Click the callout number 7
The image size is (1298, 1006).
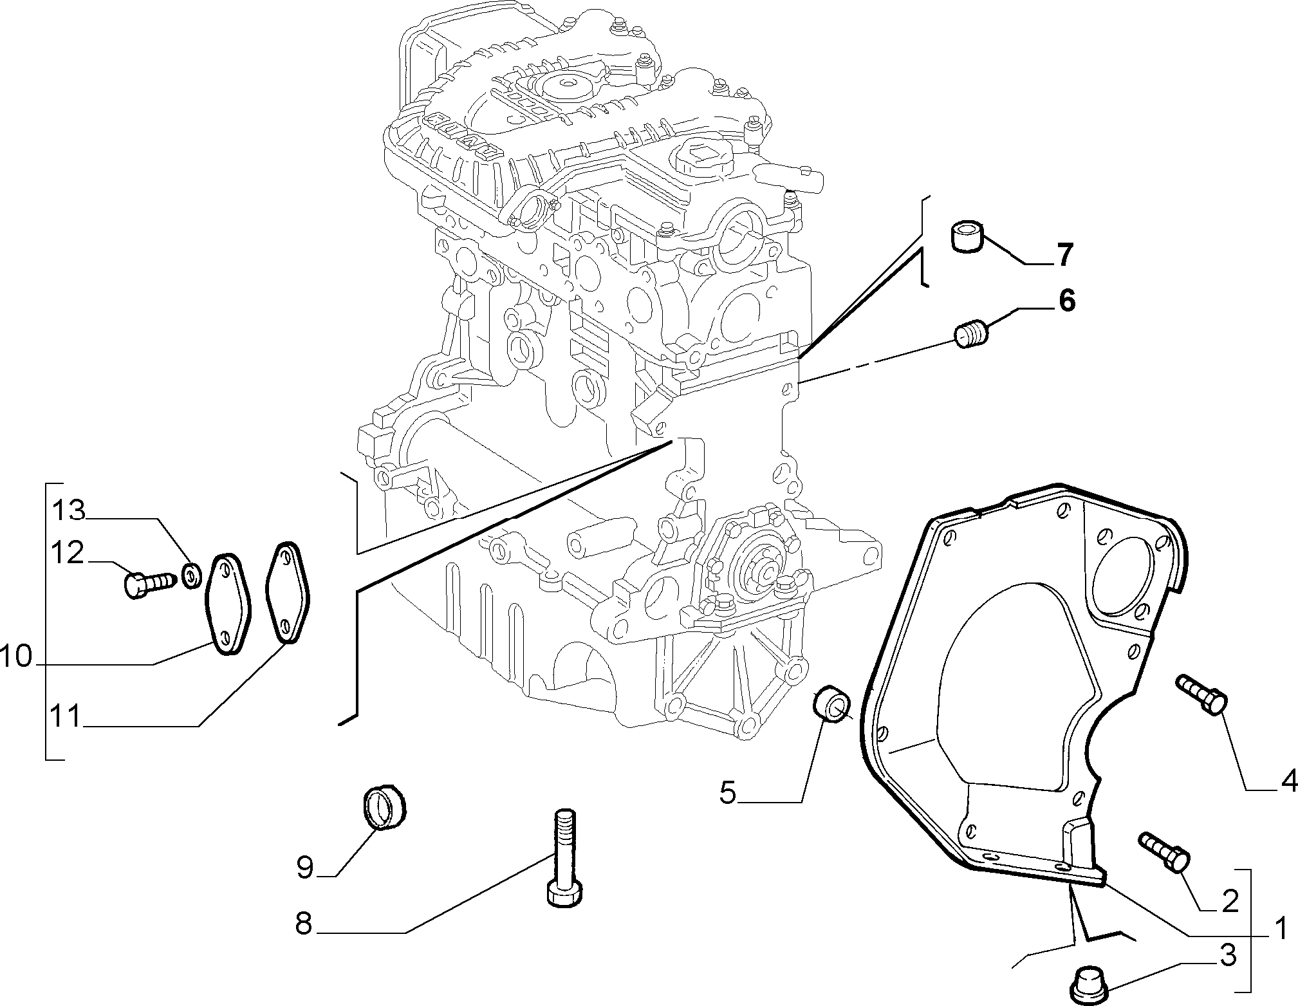pyautogui.click(x=1064, y=256)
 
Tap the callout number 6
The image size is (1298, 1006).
pyautogui.click(x=1066, y=301)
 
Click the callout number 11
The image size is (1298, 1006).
pyautogui.click(x=67, y=716)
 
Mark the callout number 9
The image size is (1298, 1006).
pyautogui.click(x=305, y=868)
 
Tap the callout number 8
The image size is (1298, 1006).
pyautogui.click(x=303, y=924)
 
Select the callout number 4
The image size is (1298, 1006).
pyautogui.click(x=1288, y=781)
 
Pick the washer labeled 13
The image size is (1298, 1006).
pyautogui.click(x=191, y=574)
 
